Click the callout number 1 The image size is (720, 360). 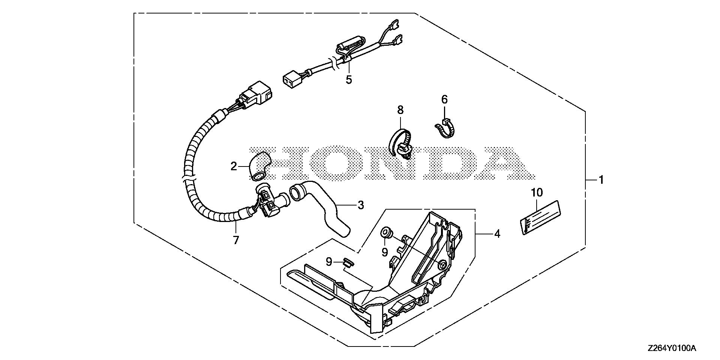[601, 180]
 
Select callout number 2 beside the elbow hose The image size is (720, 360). [234, 166]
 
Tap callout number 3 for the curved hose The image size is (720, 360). [360, 205]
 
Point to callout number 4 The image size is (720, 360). [497, 234]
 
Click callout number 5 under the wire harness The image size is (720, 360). [349, 79]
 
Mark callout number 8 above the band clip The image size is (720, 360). [400, 110]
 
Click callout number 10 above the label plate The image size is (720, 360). [537, 193]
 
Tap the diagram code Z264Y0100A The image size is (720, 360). [671, 348]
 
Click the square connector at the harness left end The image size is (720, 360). [291, 80]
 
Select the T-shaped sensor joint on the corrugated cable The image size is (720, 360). [269, 201]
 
